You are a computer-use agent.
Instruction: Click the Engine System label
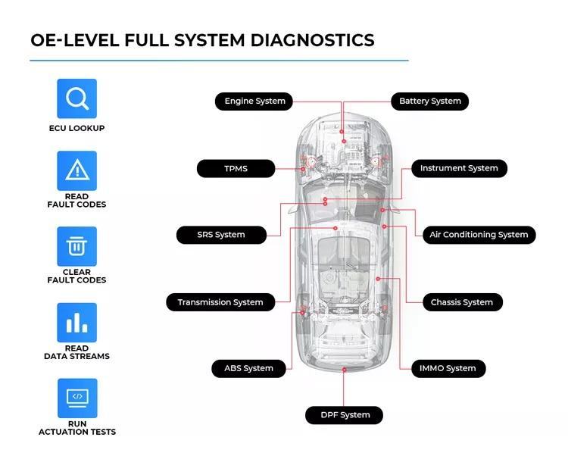(254, 101)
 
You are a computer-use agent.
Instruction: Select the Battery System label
(429, 101)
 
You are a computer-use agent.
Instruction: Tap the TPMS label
(236, 168)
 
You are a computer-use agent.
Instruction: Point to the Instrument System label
(459, 168)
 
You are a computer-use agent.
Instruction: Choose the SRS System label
(221, 235)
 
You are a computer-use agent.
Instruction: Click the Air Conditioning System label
(479, 235)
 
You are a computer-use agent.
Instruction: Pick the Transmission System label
(220, 302)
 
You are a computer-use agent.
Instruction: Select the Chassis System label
(463, 302)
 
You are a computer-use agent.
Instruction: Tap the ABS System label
(248, 368)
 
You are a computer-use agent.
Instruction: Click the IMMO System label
(448, 368)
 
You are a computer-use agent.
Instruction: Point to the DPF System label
(344, 415)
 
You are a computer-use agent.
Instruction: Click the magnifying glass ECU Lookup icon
(76, 98)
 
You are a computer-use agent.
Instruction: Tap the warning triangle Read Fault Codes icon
(76, 170)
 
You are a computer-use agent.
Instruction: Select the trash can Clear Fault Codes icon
(76, 246)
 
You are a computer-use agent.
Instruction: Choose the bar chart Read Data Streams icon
(76, 323)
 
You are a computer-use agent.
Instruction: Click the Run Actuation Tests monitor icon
(77, 398)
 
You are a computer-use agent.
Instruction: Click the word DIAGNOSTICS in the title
(312, 40)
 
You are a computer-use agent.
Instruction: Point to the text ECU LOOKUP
(76, 128)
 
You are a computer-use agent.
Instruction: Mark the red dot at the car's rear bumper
(345, 370)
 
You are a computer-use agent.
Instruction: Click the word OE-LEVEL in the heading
(75, 40)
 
